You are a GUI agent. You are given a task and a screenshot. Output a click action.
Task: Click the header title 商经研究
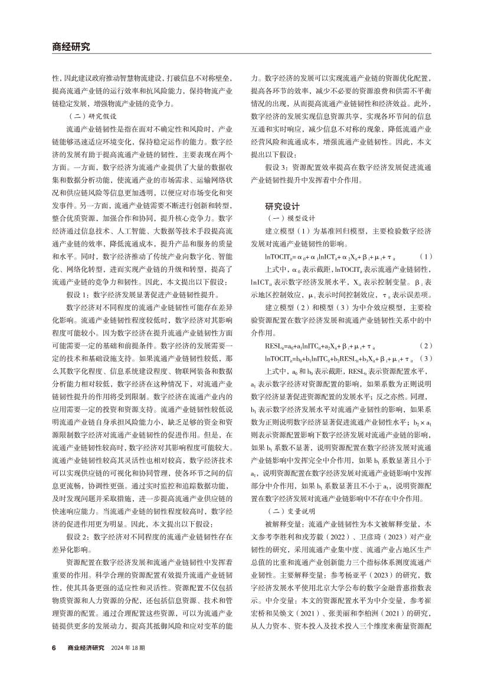click(71, 47)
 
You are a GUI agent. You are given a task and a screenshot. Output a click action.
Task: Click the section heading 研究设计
click(283, 207)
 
